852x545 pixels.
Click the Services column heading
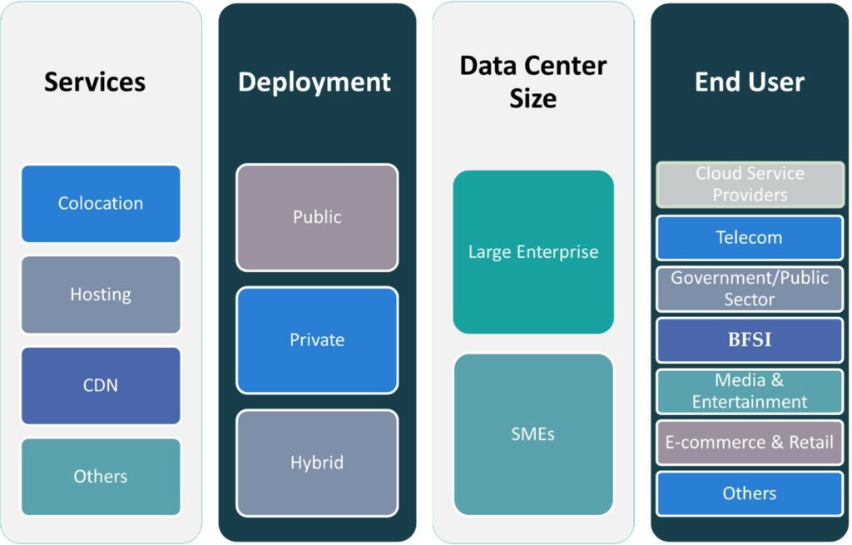pos(95,82)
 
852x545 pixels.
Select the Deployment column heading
pos(315,82)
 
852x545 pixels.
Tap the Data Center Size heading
pos(533,82)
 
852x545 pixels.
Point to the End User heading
pos(750,82)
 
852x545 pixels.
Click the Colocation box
pos(101,204)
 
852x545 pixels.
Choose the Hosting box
pos(101,295)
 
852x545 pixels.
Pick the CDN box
pos(101,385)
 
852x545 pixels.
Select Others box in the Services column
pos(101,477)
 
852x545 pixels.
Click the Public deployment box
pos(317,217)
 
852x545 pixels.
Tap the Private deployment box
pos(317,340)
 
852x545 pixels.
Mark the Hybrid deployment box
pos(317,463)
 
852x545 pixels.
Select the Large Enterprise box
pos(533,252)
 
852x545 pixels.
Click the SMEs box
pos(533,434)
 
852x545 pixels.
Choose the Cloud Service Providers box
pos(750,184)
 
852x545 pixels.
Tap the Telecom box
pos(750,238)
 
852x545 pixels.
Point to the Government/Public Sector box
pos(750,289)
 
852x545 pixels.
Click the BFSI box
pos(750,340)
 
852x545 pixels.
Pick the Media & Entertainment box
pos(750,391)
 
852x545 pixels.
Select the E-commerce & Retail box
pos(750,443)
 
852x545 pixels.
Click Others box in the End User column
pos(750,493)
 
